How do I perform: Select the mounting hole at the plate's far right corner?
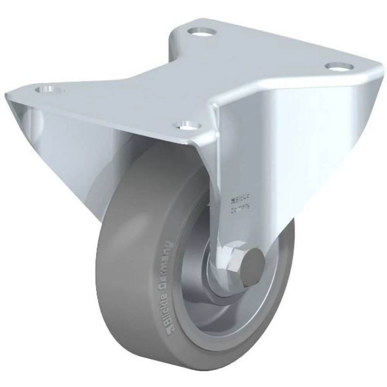(x=339, y=66)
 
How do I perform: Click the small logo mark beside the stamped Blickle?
(x=232, y=200)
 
